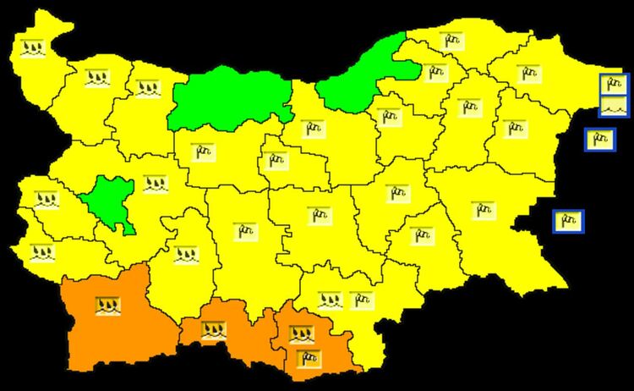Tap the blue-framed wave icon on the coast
tap(614, 106)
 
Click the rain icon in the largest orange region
tap(107, 305)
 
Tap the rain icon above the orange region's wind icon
tap(301, 333)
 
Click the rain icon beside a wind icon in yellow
tap(331, 299)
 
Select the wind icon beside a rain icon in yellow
tap(360, 299)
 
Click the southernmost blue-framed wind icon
tap(568, 221)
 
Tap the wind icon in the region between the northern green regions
tap(312, 128)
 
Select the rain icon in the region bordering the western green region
tap(147, 87)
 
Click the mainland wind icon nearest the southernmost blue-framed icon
tap(483, 210)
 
